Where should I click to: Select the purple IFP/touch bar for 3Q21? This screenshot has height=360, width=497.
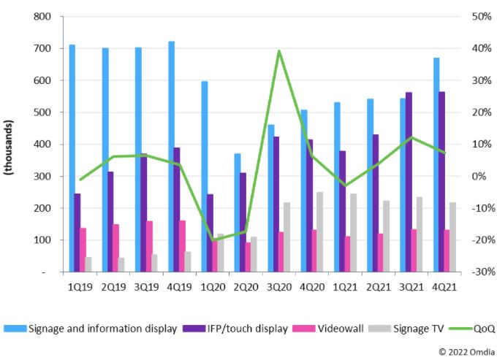409,182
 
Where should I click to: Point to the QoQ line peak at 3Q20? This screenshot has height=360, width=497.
278,51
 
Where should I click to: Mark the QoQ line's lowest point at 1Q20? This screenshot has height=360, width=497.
213,240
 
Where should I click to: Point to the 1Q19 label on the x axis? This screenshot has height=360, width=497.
80,286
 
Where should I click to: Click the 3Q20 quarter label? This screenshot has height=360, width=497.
278,286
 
